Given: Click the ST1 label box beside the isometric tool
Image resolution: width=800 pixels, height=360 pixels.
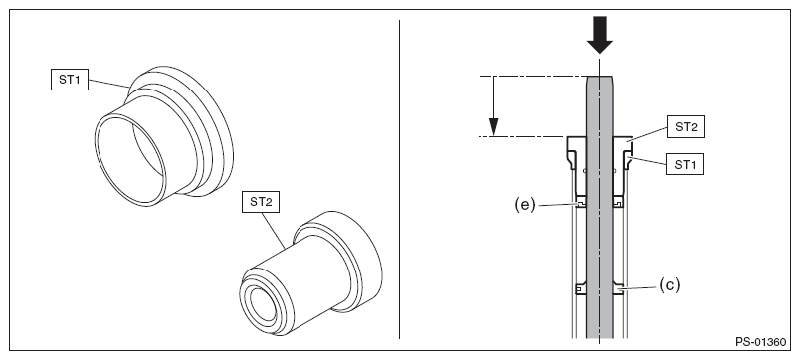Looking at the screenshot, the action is pos(70,81).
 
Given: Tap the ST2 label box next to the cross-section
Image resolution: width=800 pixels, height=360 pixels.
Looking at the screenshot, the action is pos(686,127).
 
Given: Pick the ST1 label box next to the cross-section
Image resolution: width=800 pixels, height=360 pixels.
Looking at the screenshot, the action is pos(686,164).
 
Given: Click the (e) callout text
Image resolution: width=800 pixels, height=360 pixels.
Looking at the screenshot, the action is pos(524,205).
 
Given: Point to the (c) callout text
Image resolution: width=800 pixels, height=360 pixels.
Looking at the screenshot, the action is pos(670,285).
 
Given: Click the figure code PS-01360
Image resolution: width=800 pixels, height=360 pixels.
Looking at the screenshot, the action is pos(761,342).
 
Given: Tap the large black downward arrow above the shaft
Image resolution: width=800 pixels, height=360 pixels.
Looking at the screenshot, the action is pos(599,35).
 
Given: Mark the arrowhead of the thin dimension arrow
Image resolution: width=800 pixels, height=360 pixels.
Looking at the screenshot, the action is pos(493,127).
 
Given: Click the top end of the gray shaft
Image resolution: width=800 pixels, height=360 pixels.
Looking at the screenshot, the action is pos(599,77).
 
